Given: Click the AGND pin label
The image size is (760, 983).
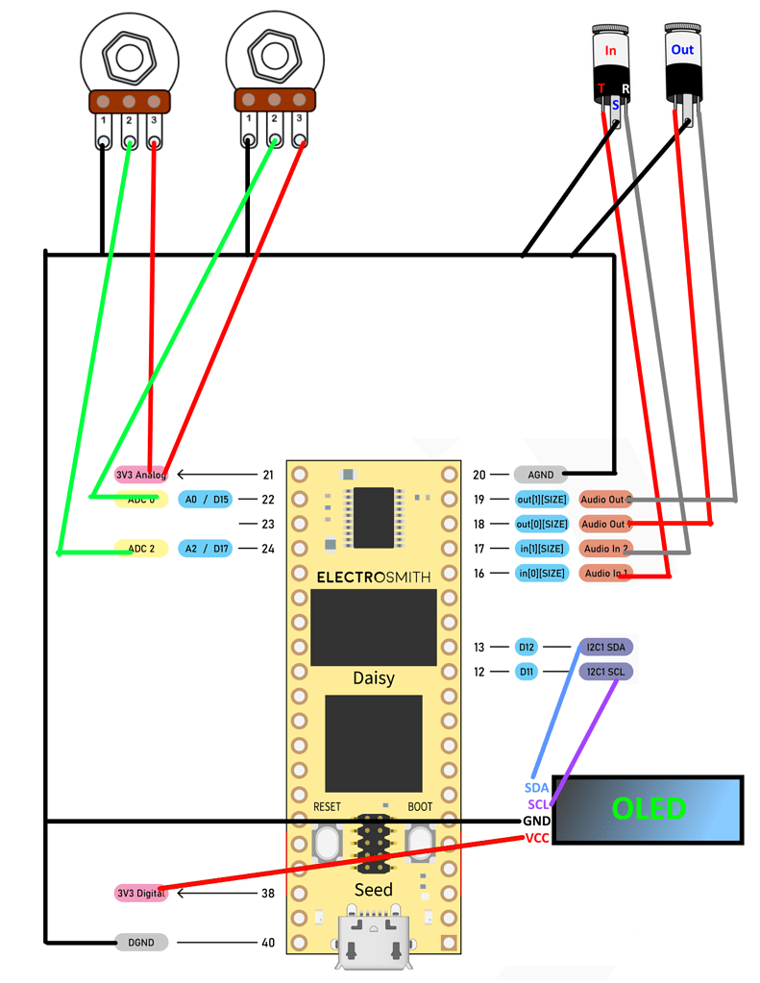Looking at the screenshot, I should pyautogui.click(x=541, y=474).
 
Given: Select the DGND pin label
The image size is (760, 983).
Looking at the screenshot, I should pyautogui.click(x=141, y=943).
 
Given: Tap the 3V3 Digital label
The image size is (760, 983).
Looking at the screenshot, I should pyautogui.click(x=140, y=893).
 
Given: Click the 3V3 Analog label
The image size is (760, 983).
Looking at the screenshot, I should pyautogui.click(x=140, y=475).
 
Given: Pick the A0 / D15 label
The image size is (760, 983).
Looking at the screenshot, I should pyautogui.click(x=206, y=500).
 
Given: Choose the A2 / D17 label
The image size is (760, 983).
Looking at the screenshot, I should pyautogui.click(x=206, y=549).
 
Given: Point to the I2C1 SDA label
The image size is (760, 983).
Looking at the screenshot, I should pyautogui.click(x=605, y=648).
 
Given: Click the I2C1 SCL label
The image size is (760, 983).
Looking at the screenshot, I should pyautogui.click(x=605, y=672).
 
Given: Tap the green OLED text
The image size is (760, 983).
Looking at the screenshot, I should pyautogui.click(x=649, y=809).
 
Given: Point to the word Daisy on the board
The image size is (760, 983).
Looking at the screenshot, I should pyautogui.click(x=374, y=677).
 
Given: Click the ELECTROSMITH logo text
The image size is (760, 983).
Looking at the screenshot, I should pyautogui.click(x=374, y=578).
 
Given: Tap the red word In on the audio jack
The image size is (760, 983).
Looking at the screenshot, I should pyautogui.click(x=610, y=51).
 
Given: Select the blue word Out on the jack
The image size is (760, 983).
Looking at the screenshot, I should pyautogui.click(x=682, y=50).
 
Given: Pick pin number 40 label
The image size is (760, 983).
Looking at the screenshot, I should pyautogui.click(x=267, y=943).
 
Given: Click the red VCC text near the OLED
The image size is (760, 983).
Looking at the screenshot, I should pyautogui.click(x=536, y=838).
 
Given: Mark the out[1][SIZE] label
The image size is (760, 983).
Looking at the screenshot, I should pyautogui.click(x=541, y=500).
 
